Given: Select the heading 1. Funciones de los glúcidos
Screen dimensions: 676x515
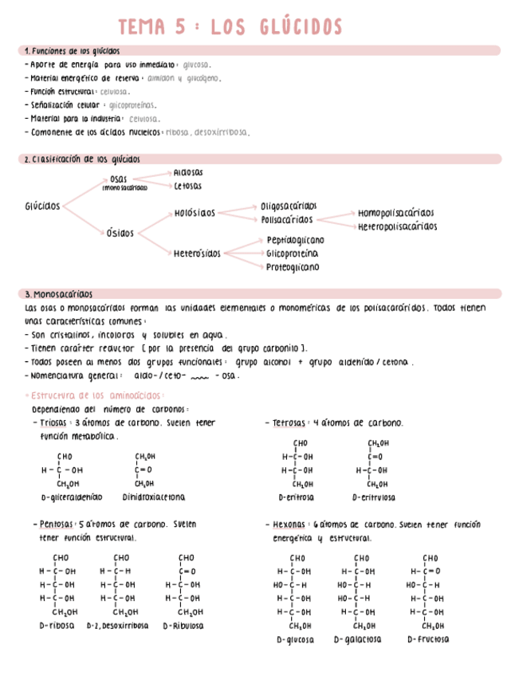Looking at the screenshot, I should [x=73, y=50].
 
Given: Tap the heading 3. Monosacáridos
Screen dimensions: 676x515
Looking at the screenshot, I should [x=59, y=293].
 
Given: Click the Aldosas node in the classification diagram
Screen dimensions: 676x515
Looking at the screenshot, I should [x=188, y=172].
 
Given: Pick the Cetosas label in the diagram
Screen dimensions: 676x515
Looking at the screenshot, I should [x=187, y=187].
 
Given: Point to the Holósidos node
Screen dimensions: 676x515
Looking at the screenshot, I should [x=195, y=213].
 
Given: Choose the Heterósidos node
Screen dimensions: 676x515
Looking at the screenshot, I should [x=197, y=253].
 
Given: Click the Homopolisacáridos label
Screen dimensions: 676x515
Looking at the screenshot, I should [x=395, y=213].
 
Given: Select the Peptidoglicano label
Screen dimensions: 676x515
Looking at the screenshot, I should [x=295, y=240].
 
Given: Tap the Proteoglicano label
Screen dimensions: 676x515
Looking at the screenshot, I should [x=293, y=267].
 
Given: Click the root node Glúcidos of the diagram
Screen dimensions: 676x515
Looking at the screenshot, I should [x=42, y=206].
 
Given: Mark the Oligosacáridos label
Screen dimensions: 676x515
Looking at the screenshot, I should [x=289, y=206].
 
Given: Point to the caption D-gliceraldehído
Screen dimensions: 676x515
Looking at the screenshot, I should [x=72, y=497].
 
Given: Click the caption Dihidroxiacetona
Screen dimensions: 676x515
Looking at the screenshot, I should [x=154, y=497].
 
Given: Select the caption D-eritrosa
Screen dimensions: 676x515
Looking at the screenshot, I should [x=296, y=497].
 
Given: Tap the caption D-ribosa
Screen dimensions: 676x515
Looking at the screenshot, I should [x=57, y=626].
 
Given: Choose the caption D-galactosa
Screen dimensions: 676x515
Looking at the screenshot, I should [x=357, y=639].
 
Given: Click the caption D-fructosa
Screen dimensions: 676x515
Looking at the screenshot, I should [x=428, y=639].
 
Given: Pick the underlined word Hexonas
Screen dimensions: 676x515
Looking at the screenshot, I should [x=288, y=525].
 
